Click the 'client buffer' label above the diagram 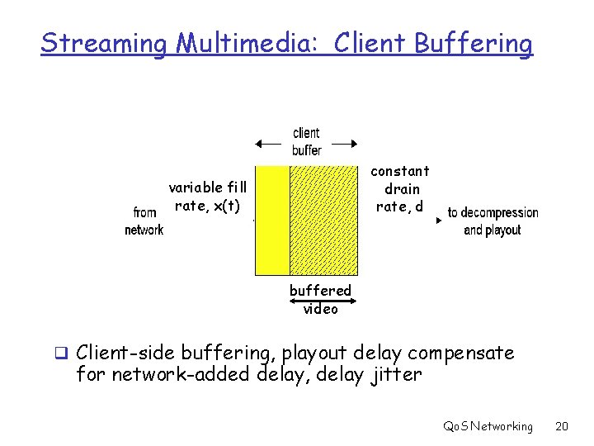307,141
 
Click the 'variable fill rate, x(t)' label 207,197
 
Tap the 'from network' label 144,221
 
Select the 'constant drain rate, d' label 399,188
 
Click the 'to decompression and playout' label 493,221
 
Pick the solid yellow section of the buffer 272,220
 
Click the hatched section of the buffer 323,220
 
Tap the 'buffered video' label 320,299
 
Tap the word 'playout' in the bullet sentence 316,353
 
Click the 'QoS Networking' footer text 488,426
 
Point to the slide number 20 562,426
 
